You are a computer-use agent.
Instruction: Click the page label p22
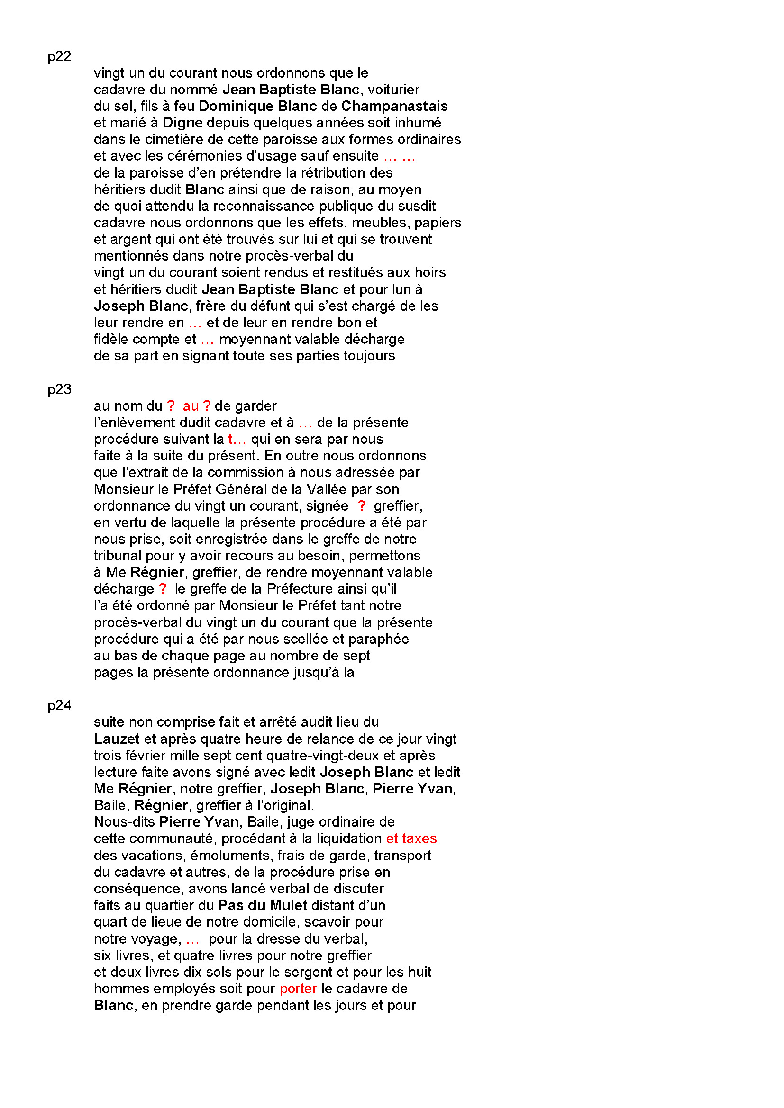pos(59,56)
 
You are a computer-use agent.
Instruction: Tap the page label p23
pos(59,389)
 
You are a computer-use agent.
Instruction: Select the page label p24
pos(59,705)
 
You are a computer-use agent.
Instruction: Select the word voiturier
pos(393,90)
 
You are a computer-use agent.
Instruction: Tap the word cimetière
pos(173,139)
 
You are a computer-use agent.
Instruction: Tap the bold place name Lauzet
pos(116,739)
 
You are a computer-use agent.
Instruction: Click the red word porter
pos(298,988)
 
